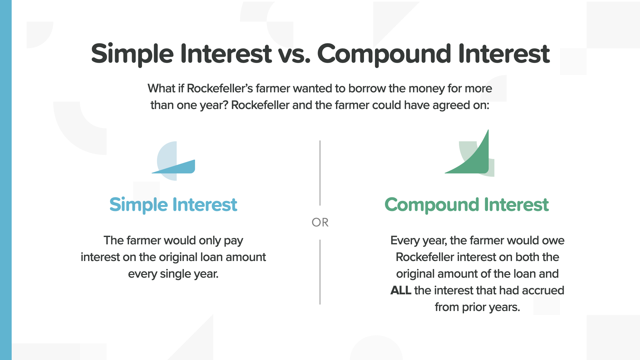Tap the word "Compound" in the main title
[384, 54]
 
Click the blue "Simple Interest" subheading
[173, 205]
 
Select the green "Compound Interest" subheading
[467, 205]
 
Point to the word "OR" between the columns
[320, 222]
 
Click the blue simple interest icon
[173, 161]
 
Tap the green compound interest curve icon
[469, 153]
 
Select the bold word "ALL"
[401, 290]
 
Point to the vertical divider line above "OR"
[320, 173]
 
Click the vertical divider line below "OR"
[320, 272]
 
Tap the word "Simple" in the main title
[132, 54]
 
